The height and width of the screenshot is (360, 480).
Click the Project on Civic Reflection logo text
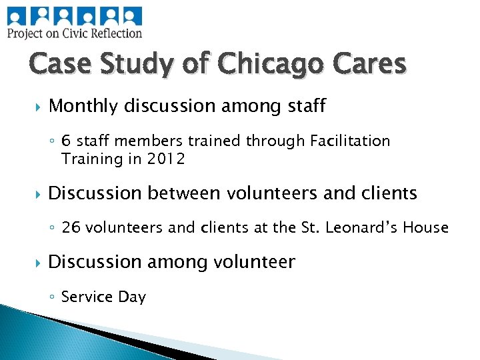[75, 33]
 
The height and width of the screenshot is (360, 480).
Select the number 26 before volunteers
[70, 228]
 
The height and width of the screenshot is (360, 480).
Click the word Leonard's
[370, 228]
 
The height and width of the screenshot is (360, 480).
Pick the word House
[427, 228]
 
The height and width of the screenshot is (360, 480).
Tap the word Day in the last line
[131, 297]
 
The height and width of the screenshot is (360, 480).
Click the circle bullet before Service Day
[52, 297]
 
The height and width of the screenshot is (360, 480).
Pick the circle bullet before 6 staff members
[52, 142]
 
